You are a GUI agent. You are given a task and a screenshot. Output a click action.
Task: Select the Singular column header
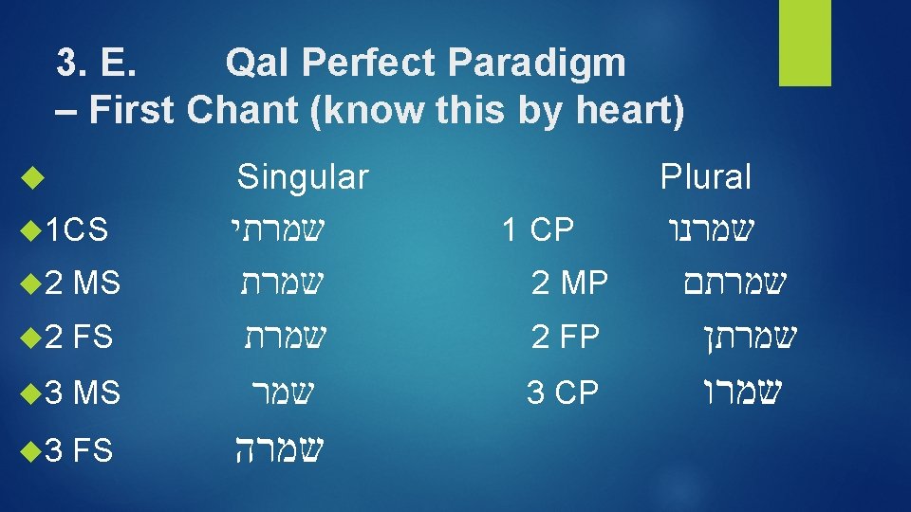tap(302, 176)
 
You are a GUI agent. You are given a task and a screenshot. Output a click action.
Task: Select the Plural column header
tap(706, 176)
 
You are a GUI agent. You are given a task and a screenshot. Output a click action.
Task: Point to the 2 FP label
tap(566, 337)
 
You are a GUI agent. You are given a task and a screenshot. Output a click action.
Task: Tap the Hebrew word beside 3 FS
tap(279, 447)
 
